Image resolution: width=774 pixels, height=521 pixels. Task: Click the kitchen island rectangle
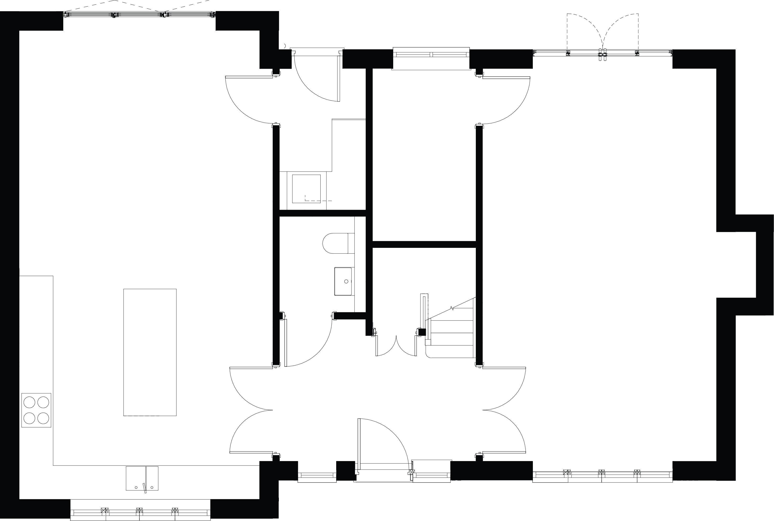[150, 352]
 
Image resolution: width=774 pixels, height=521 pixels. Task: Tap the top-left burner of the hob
[29, 402]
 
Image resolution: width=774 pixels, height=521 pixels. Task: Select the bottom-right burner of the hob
[43, 418]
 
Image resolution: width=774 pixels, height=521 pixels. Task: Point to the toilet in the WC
[337, 243]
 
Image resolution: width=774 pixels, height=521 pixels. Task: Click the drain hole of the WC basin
[346, 282]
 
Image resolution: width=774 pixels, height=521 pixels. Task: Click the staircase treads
[452, 332]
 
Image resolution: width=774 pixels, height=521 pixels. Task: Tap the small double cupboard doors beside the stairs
[396, 347]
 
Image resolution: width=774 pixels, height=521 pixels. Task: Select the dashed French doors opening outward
[603, 33]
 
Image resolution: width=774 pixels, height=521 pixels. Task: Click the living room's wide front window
[602, 476]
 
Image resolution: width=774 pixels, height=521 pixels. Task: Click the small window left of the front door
[317, 476]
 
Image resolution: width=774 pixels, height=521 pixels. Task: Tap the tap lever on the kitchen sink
[144, 488]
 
